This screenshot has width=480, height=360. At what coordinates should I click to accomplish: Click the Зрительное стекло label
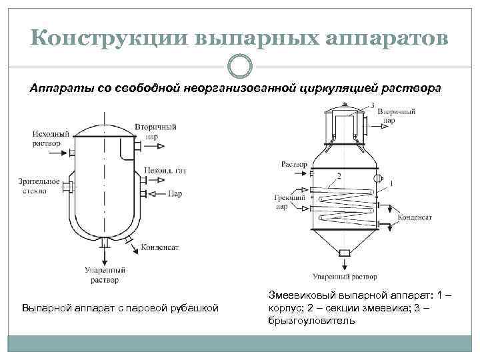(39, 186)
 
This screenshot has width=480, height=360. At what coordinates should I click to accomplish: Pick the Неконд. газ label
(168, 171)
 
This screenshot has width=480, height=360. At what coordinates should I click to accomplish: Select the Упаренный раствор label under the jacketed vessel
(103, 275)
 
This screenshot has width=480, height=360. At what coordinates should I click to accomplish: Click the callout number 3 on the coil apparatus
(372, 105)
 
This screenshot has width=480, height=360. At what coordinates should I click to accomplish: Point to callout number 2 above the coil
(339, 175)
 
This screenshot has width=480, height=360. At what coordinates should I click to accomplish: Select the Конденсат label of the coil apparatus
(415, 217)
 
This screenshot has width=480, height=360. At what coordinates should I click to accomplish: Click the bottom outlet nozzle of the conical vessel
(345, 252)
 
